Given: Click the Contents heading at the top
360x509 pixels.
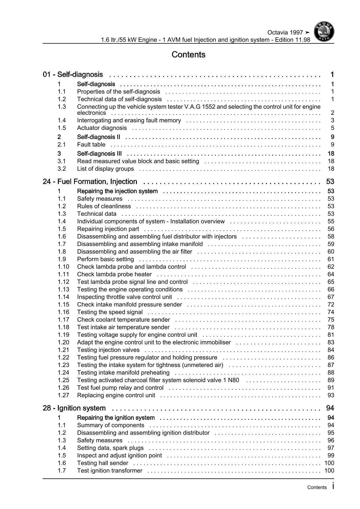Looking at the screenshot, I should point(188,55).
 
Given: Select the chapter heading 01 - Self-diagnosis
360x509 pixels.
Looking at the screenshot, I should point(73,75).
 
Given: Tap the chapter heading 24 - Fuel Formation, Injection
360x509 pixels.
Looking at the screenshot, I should point(90,182).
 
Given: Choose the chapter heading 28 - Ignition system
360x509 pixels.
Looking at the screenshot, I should point(74,408).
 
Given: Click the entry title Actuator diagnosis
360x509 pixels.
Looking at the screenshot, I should point(102,128).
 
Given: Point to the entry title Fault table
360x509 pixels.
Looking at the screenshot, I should point(91,145).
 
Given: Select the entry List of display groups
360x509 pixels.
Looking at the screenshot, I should point(105,169).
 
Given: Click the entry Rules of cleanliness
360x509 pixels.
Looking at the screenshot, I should point(104,206).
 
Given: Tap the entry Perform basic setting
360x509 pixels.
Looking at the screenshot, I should point(105,259).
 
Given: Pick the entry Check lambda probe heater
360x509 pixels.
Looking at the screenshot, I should point(114,274).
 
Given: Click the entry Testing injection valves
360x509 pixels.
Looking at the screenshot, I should point(108,350).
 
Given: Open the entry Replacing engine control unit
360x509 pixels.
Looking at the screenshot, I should point(116,395).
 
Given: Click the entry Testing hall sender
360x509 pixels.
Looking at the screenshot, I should point(102,463).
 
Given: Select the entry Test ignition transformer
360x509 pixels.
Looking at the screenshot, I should point(110,471).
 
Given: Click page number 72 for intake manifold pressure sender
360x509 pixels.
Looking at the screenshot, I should point(331,305).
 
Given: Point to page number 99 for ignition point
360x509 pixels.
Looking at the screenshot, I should point(331,456).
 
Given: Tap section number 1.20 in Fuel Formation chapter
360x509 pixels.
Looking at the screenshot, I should point(63,343).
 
